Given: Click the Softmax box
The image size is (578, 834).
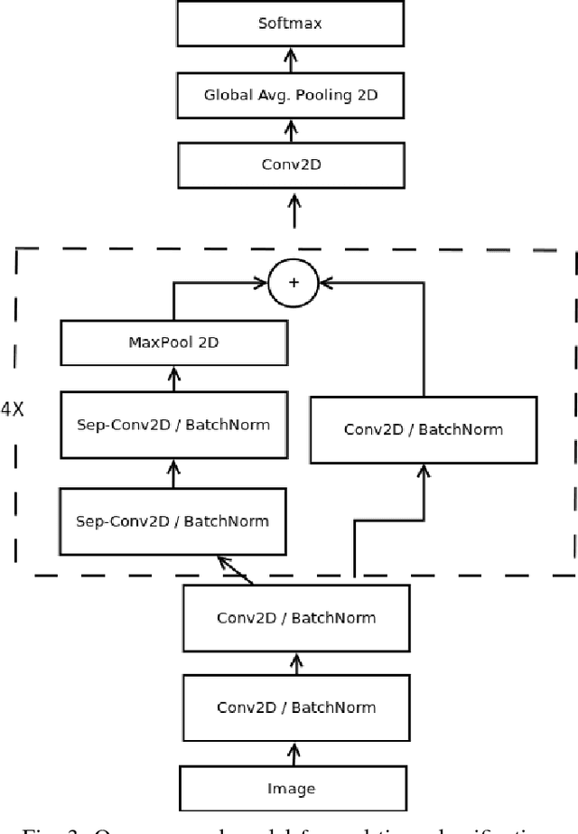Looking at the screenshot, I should pos(290,23).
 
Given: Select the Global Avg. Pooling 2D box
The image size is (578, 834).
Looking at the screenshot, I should pos(290,94).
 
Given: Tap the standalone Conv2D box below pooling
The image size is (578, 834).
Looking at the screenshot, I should pos(290,165).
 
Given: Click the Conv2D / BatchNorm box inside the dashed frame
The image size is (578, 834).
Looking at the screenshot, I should pos(422,428).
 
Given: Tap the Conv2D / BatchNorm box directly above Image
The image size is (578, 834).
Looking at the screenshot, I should pos(295,707).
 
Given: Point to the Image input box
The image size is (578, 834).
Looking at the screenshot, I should pos(291,788).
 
